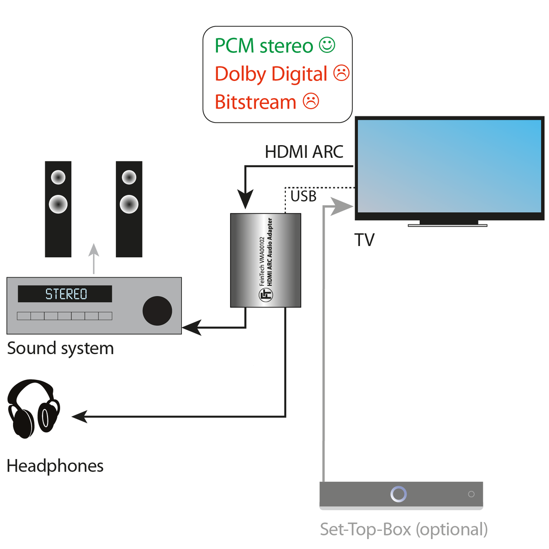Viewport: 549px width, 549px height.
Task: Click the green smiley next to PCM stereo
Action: (327, 45)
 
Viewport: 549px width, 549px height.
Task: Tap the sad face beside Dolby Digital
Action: (341, 73)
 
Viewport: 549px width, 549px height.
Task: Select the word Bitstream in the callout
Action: (256, 102)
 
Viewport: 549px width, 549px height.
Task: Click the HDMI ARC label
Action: (304, 152)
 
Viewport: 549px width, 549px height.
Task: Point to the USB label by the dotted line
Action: (303, 196)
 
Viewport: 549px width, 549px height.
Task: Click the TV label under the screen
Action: (364, 240)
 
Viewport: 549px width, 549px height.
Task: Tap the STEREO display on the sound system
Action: (65, 294)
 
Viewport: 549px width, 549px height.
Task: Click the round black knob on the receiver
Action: (157, 311)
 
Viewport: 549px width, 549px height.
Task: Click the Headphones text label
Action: (55, 466)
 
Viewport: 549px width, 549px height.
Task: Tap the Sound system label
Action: (60, 348)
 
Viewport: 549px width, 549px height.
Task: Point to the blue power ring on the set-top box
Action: (398, 494)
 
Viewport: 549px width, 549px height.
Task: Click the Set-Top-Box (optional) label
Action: (403, 529)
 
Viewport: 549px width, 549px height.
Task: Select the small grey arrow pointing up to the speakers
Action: (94, 258)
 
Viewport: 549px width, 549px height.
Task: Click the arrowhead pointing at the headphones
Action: (80, 416)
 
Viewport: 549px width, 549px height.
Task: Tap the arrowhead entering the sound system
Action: (191, 327)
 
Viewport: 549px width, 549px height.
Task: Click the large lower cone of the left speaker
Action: (58, 204)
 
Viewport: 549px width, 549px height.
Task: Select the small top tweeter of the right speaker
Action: (129, 177)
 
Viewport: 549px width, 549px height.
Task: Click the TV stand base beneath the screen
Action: (448, 224)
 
